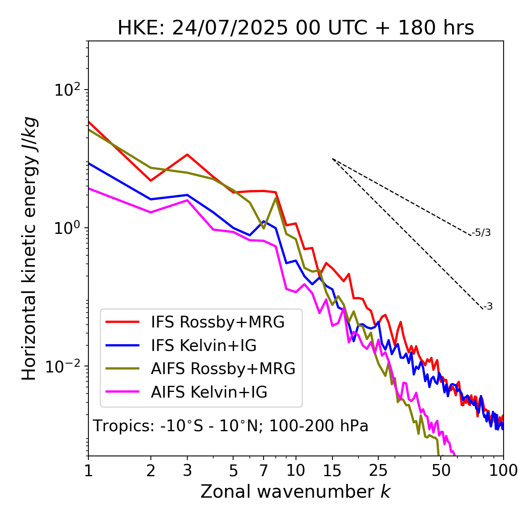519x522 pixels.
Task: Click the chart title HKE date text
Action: (296, 28)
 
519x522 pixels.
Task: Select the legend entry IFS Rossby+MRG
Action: (218, 322)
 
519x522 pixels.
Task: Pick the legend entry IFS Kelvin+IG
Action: (204, 345)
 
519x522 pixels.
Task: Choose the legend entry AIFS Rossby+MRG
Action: (223, 369)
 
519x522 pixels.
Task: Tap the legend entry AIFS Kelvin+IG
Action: (209, 392)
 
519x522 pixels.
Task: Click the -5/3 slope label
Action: (481, 233)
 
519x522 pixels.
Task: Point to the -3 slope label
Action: (488, 307)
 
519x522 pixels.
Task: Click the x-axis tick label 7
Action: (264, 471)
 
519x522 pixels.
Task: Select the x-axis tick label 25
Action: (378, 471)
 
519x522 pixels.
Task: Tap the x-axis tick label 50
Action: (441, 471)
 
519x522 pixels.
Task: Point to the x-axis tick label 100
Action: (503, 471)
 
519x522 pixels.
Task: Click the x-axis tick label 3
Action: (187, 471)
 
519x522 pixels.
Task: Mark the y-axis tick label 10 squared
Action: (67, 90)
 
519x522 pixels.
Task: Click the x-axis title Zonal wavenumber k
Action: (296, 492)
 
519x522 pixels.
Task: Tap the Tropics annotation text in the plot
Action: (230, 426)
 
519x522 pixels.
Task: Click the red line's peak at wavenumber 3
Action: (187, 154)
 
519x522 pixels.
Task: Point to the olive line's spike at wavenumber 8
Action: (276, 198)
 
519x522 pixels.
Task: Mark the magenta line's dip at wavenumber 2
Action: (151, 212)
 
